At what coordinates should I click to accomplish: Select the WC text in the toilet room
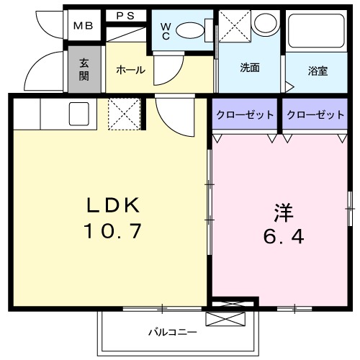(x=165, y=32)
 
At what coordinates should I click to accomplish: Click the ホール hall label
(x=130, y=70)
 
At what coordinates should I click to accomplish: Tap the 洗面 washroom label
(x=250, y=68)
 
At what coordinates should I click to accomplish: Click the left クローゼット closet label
(x=244, y=114)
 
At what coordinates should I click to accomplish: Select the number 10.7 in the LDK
(x=113, y=233)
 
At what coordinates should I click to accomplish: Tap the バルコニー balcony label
(x=172, y=332)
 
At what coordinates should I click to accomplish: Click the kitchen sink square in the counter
(x=78, y=112)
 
